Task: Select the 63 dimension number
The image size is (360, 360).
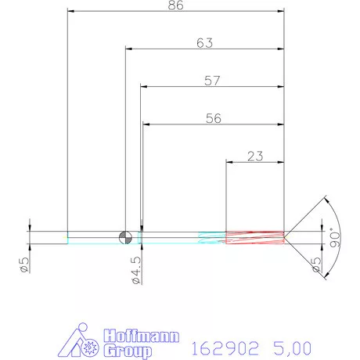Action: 204,44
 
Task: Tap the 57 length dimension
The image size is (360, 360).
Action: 211,81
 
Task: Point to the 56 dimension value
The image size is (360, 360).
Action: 213,119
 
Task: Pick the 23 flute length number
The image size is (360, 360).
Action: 254,156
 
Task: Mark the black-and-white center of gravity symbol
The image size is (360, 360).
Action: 124,236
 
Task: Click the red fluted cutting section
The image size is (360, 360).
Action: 254,236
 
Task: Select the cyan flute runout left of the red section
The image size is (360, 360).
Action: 211,236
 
